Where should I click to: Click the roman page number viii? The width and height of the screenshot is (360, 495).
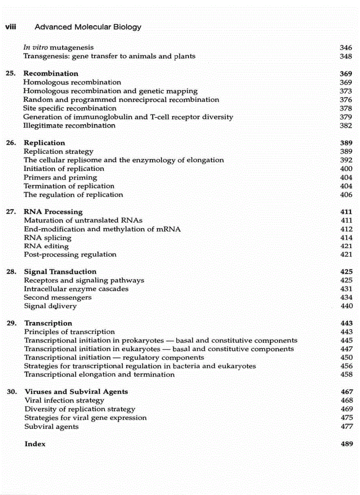click(10, 27)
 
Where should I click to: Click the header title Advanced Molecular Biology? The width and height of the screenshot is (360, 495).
click(88, 27)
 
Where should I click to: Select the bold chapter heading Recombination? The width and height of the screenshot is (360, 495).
click(51, 74)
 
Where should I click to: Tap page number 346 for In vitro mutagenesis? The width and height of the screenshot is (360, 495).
click(346, 48)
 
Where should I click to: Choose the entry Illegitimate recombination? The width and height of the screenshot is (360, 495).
click(69, 126)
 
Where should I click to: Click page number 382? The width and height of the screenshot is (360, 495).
click(346, 126)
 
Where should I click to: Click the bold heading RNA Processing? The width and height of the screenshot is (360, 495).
click(53, 212)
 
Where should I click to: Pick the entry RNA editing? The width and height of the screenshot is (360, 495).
click(46, 246)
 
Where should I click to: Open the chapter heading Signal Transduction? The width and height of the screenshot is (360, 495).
click(60, 272)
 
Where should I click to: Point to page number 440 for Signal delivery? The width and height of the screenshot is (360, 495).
click(346, 306)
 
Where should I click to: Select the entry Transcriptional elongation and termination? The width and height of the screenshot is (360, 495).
click(99, 375)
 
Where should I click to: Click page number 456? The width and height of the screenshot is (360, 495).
click(346, 366)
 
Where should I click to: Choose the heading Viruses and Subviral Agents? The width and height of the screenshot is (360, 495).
click(76, 392)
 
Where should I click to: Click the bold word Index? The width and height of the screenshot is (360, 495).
click(35, 444)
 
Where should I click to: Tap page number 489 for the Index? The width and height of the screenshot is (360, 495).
click(347, 444)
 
